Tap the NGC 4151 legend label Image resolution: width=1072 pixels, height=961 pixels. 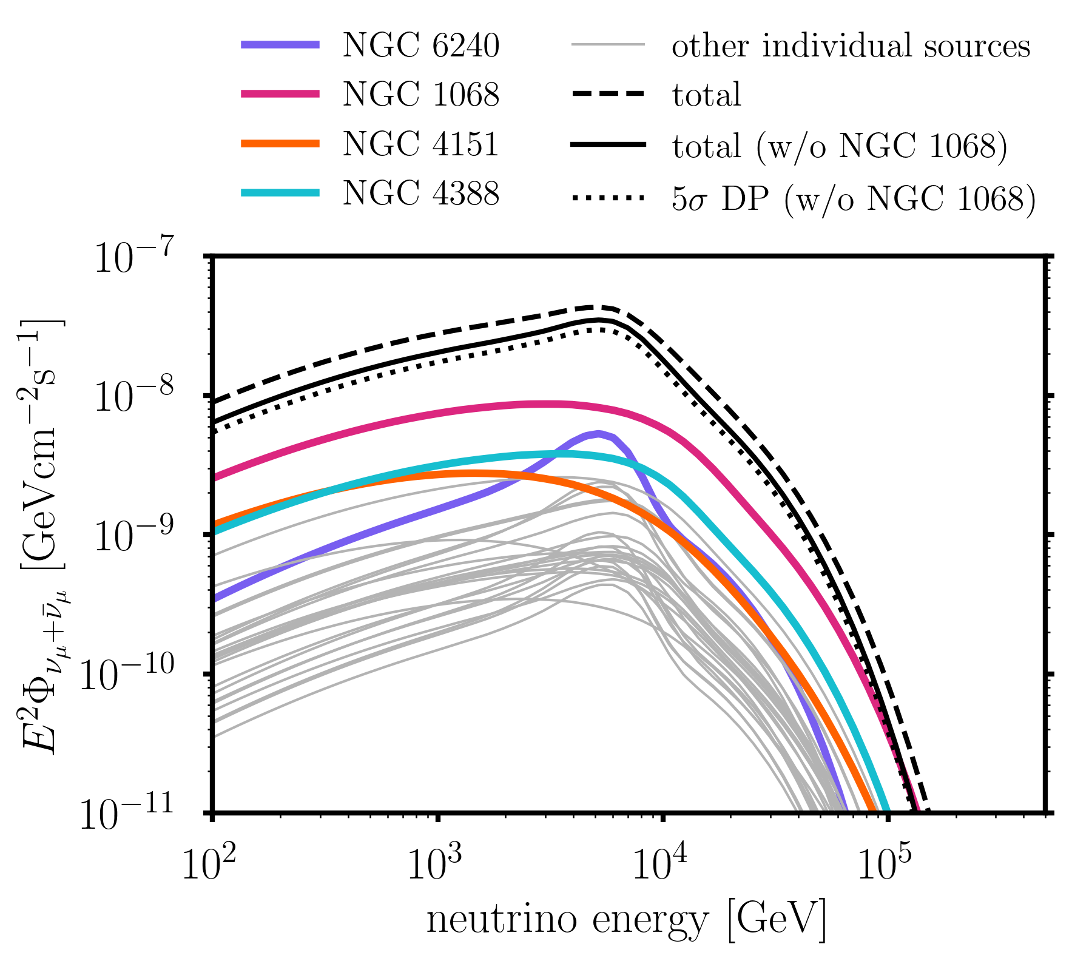[420, 144]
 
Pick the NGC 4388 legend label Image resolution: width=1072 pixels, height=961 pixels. [420, 194]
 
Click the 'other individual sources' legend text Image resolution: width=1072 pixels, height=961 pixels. [851, 46]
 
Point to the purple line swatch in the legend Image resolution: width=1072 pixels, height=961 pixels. [280, 44]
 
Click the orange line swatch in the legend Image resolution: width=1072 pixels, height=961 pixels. [280, 144]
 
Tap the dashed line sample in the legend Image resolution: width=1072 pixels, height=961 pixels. [607, 94]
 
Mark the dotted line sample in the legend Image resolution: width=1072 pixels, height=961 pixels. [607, 197]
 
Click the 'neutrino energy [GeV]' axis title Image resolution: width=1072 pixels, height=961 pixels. [626, 920]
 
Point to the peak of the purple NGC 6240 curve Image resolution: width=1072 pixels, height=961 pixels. [599, 433]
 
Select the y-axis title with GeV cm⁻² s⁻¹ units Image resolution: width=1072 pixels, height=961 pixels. [42, 534]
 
